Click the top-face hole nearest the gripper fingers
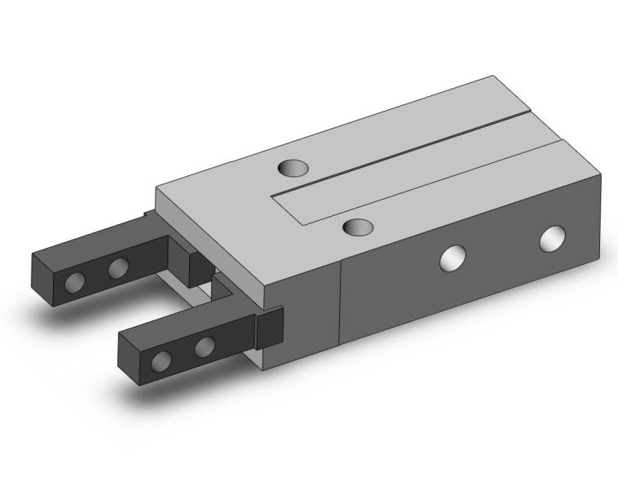pos(294,168)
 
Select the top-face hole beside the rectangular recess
pos(358,227)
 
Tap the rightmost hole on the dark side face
pos(553,238)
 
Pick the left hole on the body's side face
pos(452,258)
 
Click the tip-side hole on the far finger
pos(74,282)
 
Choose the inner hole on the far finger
pos(118,267)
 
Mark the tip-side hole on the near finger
pos(161,360)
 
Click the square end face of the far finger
pos(44,280)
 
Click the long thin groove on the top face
pos(424,147)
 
